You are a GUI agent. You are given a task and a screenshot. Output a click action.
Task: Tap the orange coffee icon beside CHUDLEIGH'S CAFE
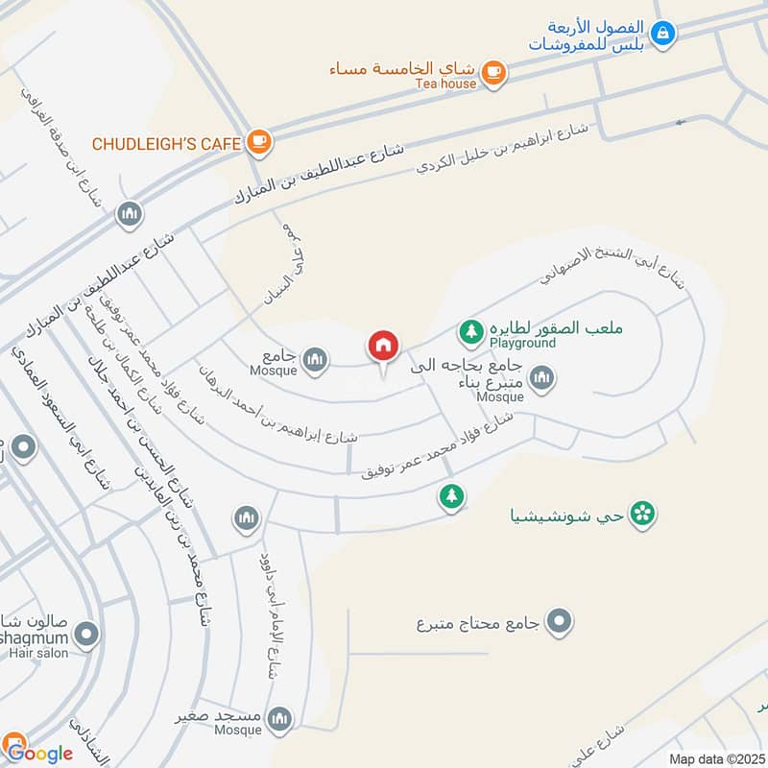(258, 143)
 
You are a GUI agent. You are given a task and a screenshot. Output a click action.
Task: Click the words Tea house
(445, 84)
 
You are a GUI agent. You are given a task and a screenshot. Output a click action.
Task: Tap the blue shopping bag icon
(661, 34)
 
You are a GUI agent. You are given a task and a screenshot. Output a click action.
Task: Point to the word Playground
(522, 343)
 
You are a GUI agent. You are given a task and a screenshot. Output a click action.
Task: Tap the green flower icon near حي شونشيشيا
(645, 515)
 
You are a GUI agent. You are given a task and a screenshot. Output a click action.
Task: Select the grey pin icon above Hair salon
(87, 634)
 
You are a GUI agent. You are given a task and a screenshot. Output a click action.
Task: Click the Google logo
(38, 752)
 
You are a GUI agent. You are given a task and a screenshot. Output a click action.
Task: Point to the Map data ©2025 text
(715, 758)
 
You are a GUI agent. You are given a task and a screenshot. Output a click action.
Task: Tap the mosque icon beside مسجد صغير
(279, 717)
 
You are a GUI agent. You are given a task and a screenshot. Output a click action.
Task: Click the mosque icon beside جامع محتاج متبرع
(559, 622)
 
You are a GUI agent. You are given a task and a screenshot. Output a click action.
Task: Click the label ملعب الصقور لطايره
(556, 328)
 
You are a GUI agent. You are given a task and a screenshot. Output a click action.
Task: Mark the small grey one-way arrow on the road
(683, 122)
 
